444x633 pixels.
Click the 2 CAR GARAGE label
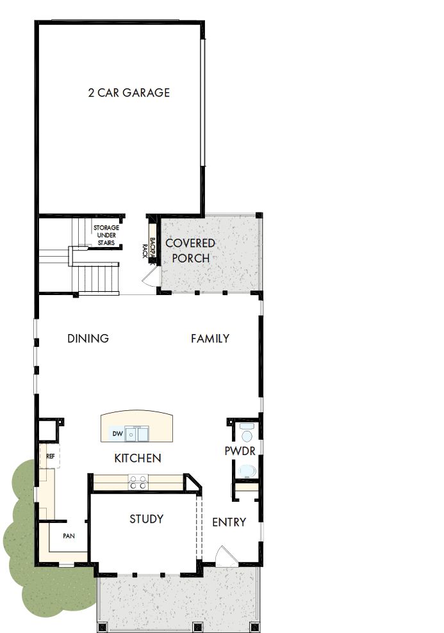point(129,93)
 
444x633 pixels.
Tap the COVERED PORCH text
point(190,251)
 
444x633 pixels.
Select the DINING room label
point(88,339)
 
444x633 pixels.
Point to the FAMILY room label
point(210,339)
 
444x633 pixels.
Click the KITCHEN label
point(137,458)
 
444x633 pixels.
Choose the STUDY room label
point(146,519)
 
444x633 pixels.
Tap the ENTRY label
point(229,522)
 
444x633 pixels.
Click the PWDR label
point(240,451)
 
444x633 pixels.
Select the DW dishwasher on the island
point(117,435)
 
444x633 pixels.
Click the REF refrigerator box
point(50,457)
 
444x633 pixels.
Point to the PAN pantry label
point(68,536)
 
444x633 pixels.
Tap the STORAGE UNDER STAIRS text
point(106,235)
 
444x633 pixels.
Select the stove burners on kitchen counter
point(137,482)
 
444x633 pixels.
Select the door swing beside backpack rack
point(149,277)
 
